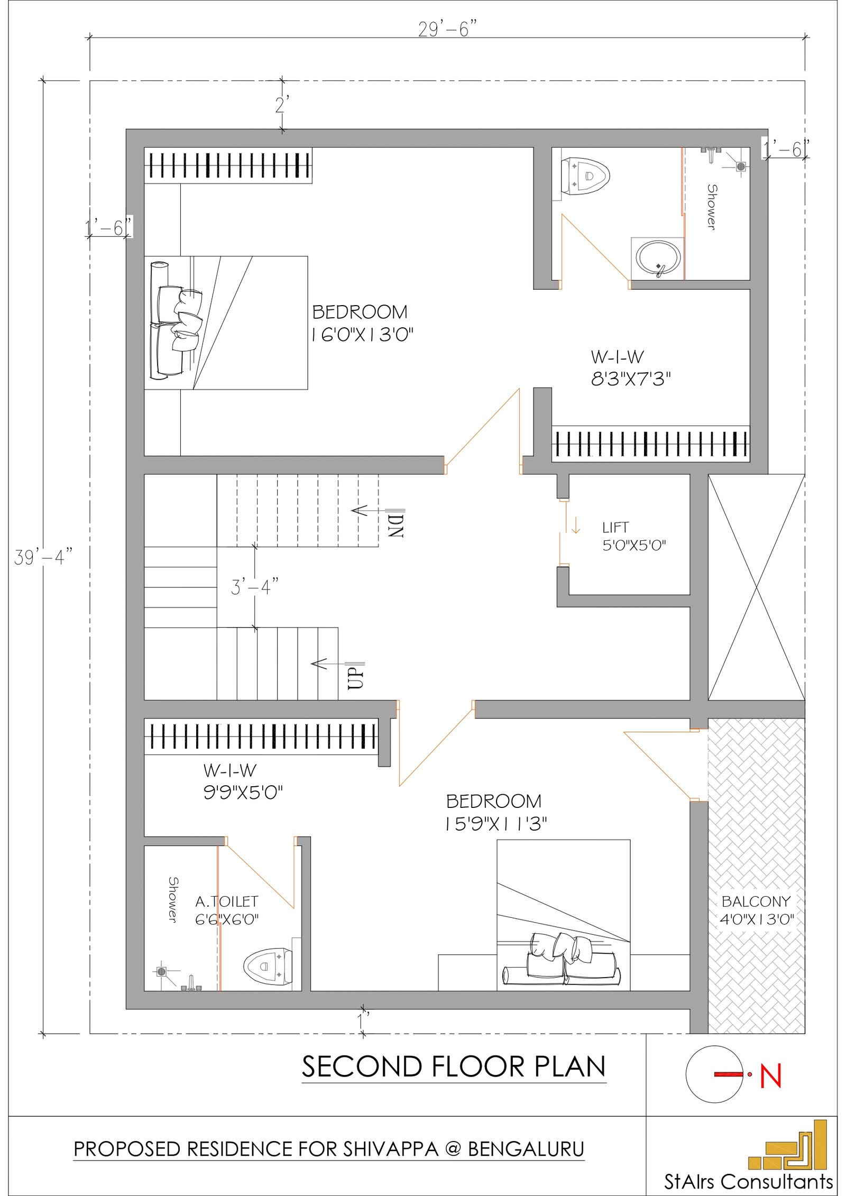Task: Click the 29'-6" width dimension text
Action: click(447, 29)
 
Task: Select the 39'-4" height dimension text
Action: click(42, 557)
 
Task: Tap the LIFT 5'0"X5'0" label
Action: click(633, 536)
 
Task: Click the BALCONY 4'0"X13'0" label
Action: click(756, 910)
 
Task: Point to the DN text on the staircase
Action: click(396, 525)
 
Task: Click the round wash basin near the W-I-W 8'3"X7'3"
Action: click(658, 258)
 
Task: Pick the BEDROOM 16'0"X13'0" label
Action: click(361, 323)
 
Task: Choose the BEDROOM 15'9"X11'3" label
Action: click(495, 812)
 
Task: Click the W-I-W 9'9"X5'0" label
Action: click(243, 781)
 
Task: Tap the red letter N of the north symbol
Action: click(770, 1077)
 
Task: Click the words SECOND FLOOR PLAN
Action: click(453, 1066)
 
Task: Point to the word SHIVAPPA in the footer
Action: click(391, 1149)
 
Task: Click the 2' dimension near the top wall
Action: click(282, 105)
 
